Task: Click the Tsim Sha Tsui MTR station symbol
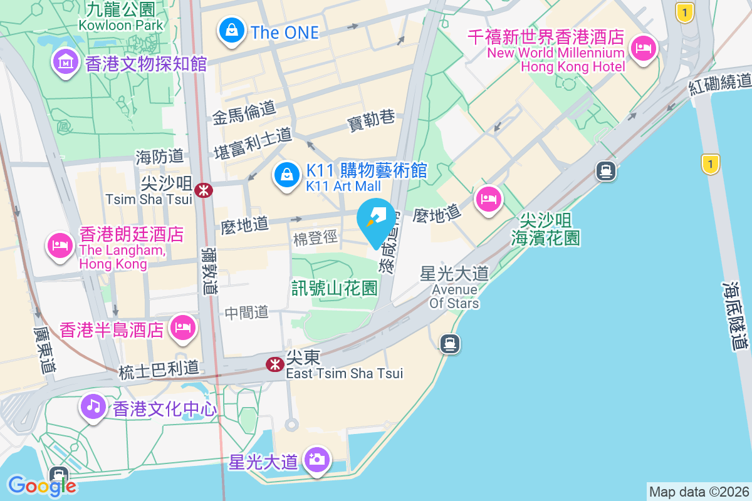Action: [x=203, y=190]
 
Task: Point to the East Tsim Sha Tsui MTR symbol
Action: [x=274, y=364]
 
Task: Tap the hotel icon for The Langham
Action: [x=60, y=243]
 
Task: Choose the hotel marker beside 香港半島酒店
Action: [x=182, y=327]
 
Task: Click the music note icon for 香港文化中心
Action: [x=93, y=406]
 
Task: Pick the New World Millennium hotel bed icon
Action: [x=644, y=48]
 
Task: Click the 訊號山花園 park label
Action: [x=335, y=288]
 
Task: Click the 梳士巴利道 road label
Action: [x=159, y=369]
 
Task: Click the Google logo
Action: [x=42, y=485]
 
